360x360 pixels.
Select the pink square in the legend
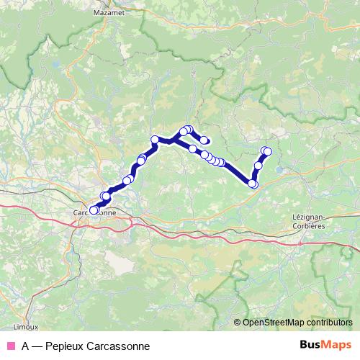pyautogui.click(x=11, y=346)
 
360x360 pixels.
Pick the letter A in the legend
pyautogui.click(x=26, y=346)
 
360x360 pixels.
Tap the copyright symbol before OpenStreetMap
pyautogui.click(x=238, y=323)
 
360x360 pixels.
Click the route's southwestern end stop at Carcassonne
pyautogui.click(x=93, y=210)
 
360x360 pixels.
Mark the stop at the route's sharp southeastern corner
pyautogui.click(x=253, y=184)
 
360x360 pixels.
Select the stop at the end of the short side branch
pyautogui.click(x=204, y=140)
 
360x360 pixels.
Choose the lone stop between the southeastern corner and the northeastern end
pyautogui.click(x=258, y=166)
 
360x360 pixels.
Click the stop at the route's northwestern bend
pyautogui.click(x=154, y=139)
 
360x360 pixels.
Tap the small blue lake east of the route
pyautogui.click(x=279, y=171)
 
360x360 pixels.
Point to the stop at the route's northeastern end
pyautogui.click(x=267, y=150)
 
